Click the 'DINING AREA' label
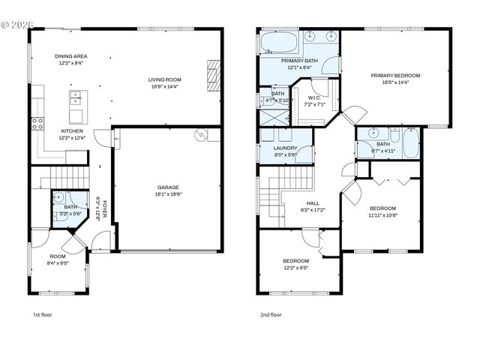[71, 56]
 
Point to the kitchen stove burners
[34, 124]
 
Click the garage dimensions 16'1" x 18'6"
[168, 193]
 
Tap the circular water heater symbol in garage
[200, 135]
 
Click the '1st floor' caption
[42, 315]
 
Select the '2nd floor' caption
[271, 315]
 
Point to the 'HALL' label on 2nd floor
[313, 202]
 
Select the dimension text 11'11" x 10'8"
[382, 215]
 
